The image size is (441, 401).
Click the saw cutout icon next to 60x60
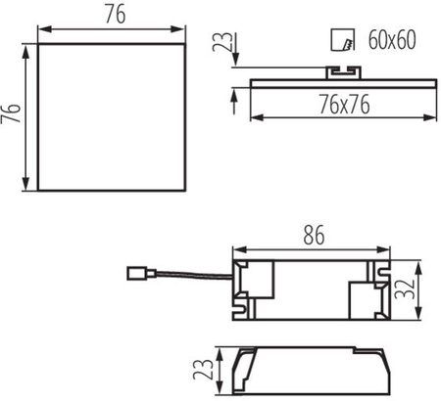(343, 42)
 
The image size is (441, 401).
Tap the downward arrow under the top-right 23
(236, 63)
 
